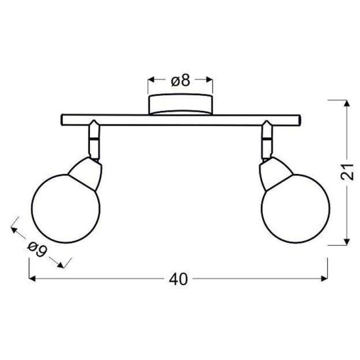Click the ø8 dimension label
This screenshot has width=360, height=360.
[x=181, y=80]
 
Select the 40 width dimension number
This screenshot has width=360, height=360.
[x=179, y=279]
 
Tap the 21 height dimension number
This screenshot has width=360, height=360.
[x=347, y=172]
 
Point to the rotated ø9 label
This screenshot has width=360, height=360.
[x=37, y=249]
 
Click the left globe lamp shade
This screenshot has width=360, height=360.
[x=66, y=208]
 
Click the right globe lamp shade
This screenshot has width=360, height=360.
[x=296, y=208]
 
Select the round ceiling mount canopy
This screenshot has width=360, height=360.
[x=181, y=104]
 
